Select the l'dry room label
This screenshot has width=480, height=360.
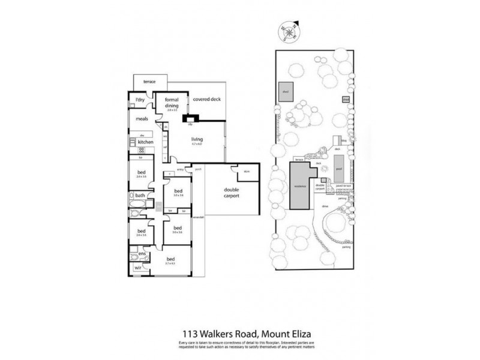click(x=139, y=100)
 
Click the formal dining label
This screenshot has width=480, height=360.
click(x=172, y=103)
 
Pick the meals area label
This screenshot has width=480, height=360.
click(x=142, y=119)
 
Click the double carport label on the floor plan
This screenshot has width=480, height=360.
click(x=228, y=193)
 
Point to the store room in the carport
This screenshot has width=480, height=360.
click(x=247, y=175)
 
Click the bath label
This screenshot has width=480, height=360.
click(x=139, y=196)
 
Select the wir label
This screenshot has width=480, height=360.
click(x=137, y=268)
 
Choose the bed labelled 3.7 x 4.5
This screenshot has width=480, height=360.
click(x=170, y=260)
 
